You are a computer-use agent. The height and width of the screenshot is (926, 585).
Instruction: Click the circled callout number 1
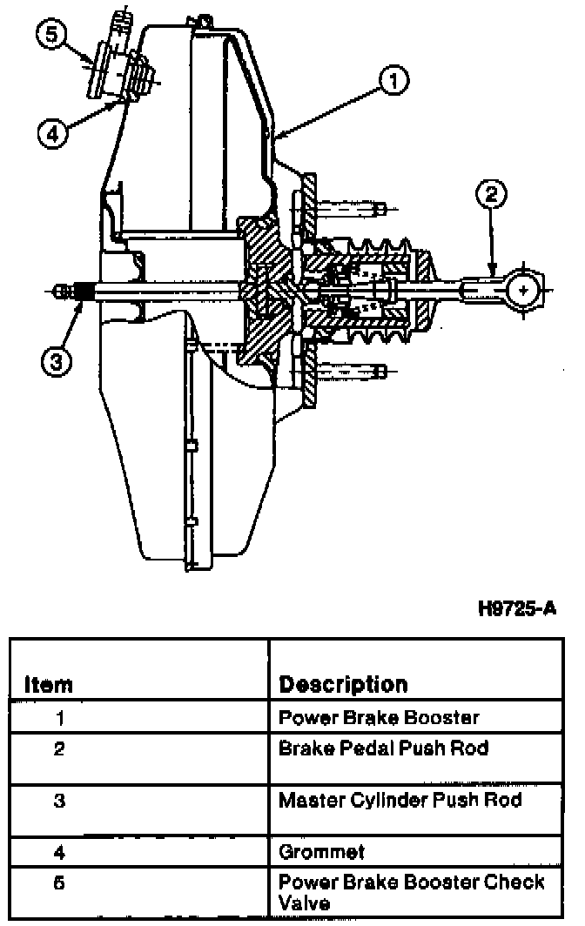(x=393, y=81)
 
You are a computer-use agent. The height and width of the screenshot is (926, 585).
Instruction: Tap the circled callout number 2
(x=492, y=193)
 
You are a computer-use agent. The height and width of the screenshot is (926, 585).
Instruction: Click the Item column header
(x=48, y=684)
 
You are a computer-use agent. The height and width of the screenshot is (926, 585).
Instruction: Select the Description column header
(x=342, y=684)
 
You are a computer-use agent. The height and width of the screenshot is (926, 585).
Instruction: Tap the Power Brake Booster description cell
(x=378, y=718)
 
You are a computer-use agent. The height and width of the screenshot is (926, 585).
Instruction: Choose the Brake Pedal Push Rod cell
(x=384, y=748)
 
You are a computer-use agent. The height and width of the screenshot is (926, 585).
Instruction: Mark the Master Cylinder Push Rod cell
(x=400, y=800)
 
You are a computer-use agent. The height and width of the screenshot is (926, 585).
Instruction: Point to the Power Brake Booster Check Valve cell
(x=411, y=891)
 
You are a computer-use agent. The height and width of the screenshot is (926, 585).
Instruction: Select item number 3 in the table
(x=59, y=801)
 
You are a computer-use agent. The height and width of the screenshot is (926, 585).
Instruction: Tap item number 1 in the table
(x=59, y=719)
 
